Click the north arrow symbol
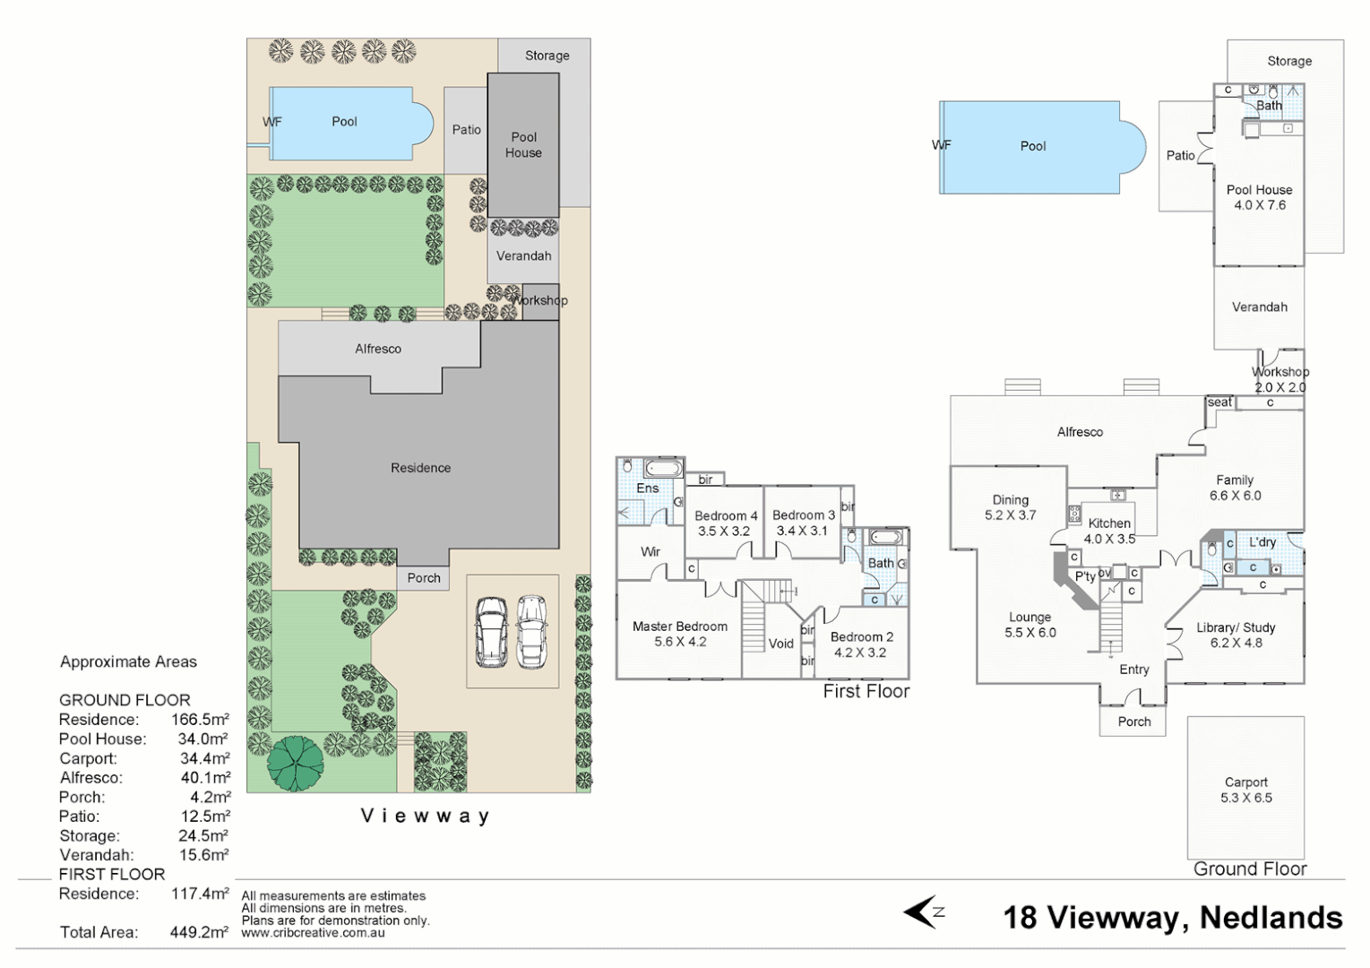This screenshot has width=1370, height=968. tap(924, 912)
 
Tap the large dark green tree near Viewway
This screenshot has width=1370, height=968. tap(295, 764)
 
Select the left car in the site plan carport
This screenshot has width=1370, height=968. tap(491, 632)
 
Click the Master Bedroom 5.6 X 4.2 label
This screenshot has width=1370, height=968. tap(679, 634)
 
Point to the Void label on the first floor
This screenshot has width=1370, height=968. tap(780, 644)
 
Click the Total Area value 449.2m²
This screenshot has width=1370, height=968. tap(199, 932)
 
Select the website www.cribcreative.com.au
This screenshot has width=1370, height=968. tap(313, 933)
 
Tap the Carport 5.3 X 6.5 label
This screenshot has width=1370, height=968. tap(1245, 790)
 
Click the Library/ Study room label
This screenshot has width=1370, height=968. tap(1236, 635)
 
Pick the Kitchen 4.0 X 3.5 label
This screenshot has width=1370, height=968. tap(1109, 531)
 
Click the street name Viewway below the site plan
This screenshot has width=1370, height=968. tap(425, 816)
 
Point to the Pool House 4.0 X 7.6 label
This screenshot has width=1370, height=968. tap(1259, 197)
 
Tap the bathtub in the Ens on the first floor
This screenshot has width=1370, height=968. tap(662, 468)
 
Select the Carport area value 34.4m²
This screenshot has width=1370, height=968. tap(204, 758)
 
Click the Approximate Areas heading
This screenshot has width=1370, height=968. tap(128, 661)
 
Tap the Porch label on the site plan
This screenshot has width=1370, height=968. tap(424, 578)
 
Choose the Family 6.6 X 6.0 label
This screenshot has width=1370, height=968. tap(1235, 488)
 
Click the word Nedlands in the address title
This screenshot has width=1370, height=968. tap(1271, 918)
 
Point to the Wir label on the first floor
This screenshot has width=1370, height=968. tap(651, 551)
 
